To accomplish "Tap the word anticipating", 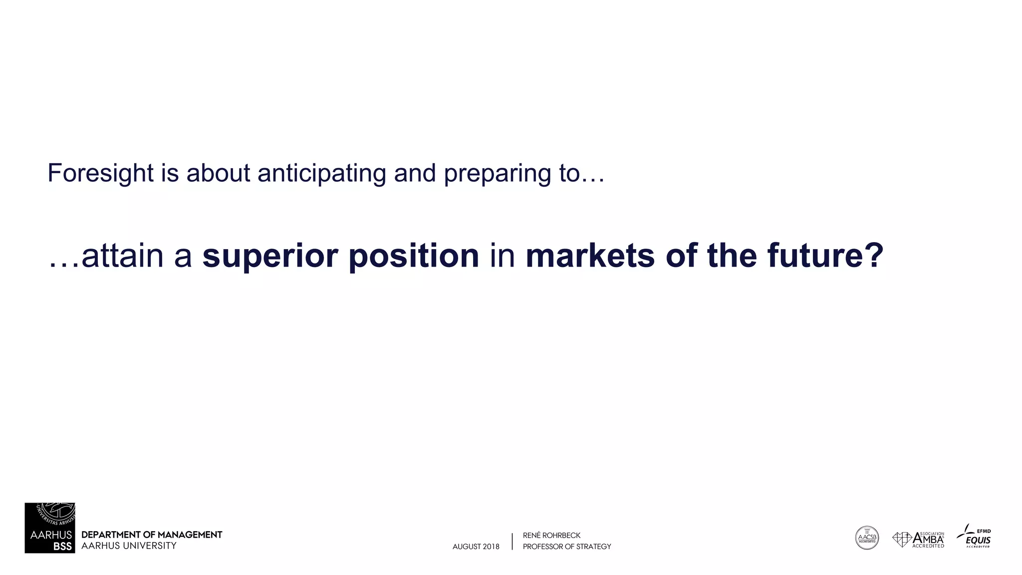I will (x=322, y=174).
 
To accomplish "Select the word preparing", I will (x=497, y=174).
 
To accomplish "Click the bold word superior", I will (x=270, y=256).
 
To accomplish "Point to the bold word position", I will (x=414, y=256).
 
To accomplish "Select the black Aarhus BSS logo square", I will (x=50, y=528).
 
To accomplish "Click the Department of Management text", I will (x=152, y=535).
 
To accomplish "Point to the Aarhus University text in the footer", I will (x=129, y=546).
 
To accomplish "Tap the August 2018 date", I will (x=476, y=547).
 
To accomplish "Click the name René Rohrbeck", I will (x=551, y=536).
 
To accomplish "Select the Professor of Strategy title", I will (x=567, y=547).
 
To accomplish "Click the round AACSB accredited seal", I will (x=867, y=538).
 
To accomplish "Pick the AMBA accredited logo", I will (x=918, y=540).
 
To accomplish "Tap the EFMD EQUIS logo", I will (x=975, y=537).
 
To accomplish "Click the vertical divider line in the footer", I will (x=512, y=542).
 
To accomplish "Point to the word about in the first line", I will (x=218, y=174).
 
